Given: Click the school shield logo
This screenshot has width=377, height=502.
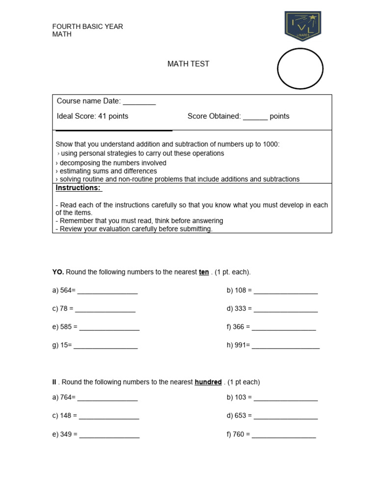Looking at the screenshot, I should click(302, 26).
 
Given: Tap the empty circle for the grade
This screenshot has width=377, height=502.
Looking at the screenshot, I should click(300, 69).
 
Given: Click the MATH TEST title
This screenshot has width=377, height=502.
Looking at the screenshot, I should click(188, 64).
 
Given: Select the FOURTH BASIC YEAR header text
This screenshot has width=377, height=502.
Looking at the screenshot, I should click(87, 26).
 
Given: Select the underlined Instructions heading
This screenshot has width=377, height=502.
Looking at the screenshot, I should click(78, 188).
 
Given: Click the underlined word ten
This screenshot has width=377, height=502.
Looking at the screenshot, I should click(204, 272).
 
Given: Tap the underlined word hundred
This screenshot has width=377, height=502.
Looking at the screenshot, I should click(208, 382).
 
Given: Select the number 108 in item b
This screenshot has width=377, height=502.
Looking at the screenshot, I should click(241, 290).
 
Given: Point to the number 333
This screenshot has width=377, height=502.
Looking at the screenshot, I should click(241, 309).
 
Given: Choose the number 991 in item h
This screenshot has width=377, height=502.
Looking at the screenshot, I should click(241, 345).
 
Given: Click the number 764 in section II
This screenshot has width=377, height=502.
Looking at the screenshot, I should click(66, 397).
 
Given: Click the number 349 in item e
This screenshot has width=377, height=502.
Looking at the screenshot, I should click(66, 434).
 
